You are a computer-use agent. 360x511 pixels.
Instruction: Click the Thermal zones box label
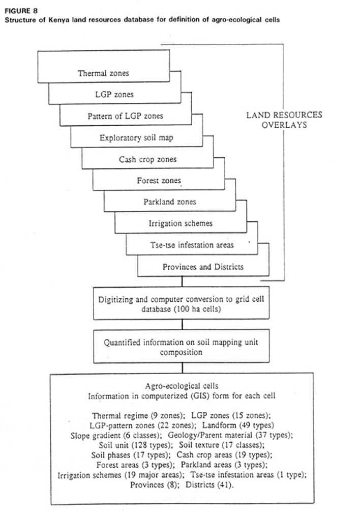click(x=103, y=73)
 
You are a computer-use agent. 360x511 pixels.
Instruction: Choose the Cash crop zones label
click(x=147, y=159)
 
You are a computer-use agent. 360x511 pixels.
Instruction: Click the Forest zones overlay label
click(x=159, y=181)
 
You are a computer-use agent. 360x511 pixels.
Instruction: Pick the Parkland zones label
click(x=169, y=202)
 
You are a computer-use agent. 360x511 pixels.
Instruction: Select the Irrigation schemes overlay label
click(x=181, y=223)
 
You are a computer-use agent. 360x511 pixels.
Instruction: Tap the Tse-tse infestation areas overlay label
click(x=191, y=245)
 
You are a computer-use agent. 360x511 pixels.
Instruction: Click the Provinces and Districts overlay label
click(x=203, y=267)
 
